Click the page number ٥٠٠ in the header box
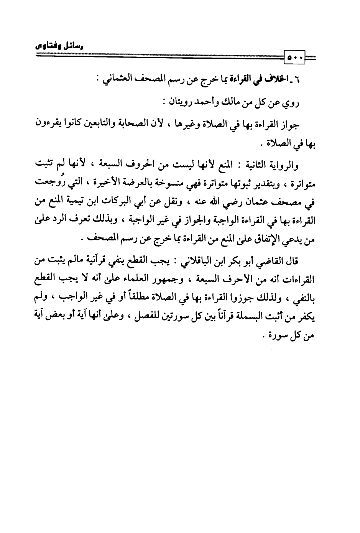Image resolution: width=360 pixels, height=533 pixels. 295,59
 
